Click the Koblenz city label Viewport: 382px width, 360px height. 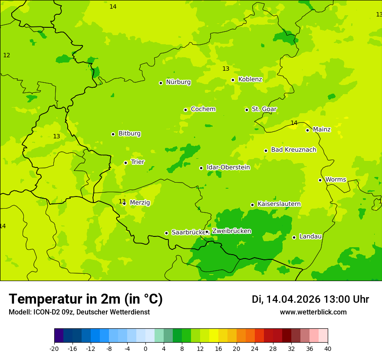(x=250, y=79)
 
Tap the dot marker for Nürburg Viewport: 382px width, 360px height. (x=161, y=83)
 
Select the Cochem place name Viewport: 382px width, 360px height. (x=203, y=109)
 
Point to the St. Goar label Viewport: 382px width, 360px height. (x=264, y=109)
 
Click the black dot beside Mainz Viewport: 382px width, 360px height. (x=307, y=130)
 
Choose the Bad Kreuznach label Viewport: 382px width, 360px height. (x=293, y=150)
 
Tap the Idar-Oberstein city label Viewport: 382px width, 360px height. (x=228, y=167)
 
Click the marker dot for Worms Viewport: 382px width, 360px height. (x=320, y=180)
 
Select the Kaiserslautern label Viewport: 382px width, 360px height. (x=279, y=204)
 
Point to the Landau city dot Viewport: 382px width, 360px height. (x=294, y=237)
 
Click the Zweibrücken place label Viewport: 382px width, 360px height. (x=231, y=231)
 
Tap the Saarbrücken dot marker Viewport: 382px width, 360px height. (x=166, y=233)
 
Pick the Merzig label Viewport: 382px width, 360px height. (x=140, y=203)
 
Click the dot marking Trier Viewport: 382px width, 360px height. (x=125, y=163)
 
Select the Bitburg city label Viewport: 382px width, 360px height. (x=129, y=134)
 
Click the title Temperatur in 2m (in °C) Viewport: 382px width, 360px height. (x=86, y=299)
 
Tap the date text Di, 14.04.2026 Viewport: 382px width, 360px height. (x=286, y=299)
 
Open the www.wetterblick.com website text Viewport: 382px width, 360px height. (x=313, y=312)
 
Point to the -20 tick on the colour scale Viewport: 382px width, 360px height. (x=54, y=349)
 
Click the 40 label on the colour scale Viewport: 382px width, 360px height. (x=328, y=349)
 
